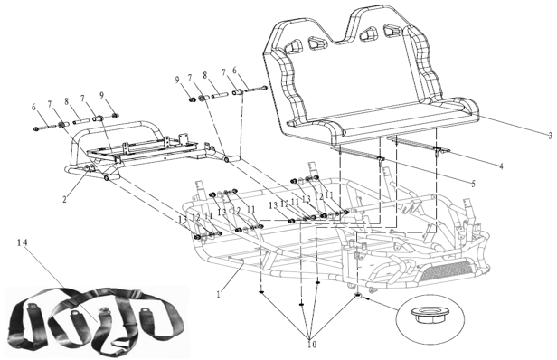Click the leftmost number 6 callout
pyautogui.click(x=33, y=107)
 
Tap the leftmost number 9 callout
pyautogui.click(x=101, y=95)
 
